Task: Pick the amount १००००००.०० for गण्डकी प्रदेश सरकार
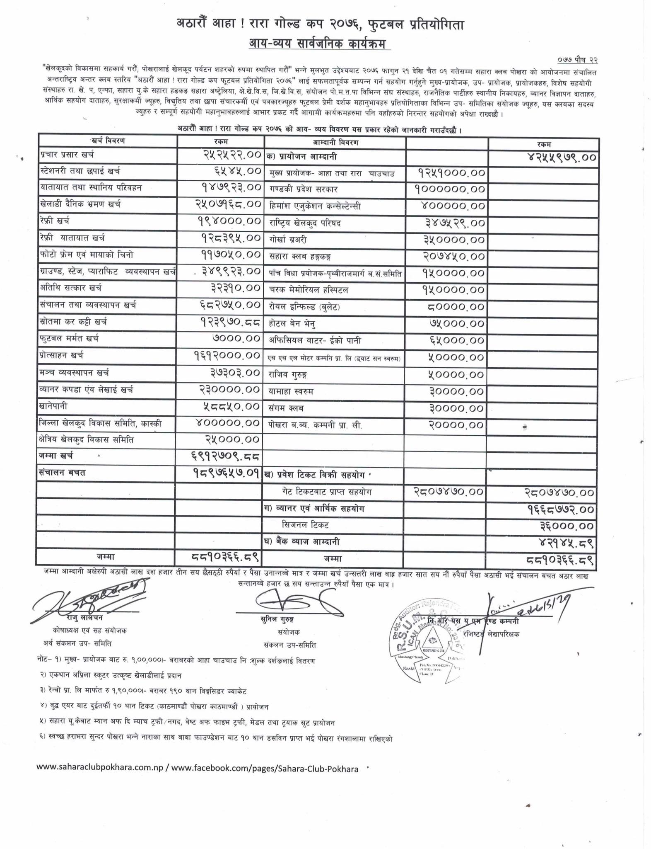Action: pos(450,189)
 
